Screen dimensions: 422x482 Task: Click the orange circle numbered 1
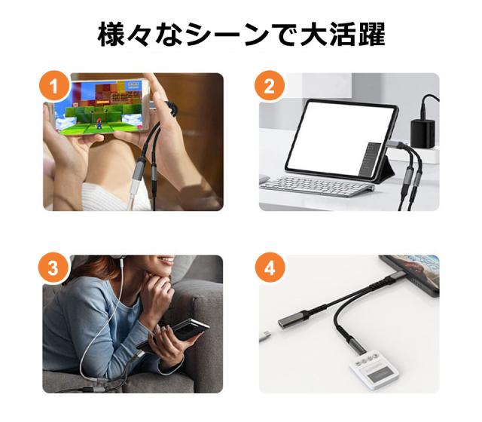[55, 85]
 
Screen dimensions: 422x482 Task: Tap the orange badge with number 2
[270, 85]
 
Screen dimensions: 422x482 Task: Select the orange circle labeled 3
[55, 268]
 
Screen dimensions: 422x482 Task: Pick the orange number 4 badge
[270, 268]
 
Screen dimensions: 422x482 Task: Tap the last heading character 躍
[370, 34]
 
